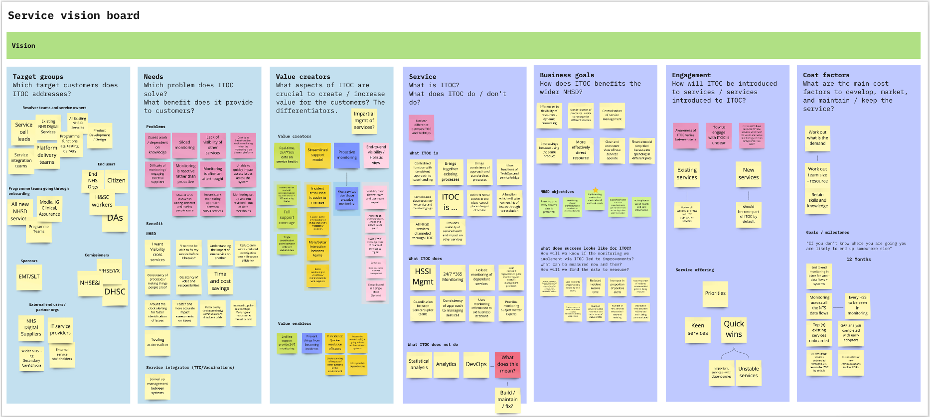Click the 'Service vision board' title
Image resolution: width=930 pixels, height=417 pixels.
tap(74, 15)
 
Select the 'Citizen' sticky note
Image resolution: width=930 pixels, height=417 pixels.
tap(116, 181)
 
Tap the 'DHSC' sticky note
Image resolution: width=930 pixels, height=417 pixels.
tap(115, 292)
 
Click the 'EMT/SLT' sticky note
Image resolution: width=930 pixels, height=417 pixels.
tap(29, 277)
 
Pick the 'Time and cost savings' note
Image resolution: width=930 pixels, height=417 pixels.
tap(220, 281)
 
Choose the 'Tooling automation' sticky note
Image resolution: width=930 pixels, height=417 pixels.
tap(157, 342)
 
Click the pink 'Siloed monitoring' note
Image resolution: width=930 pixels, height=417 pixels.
tap(184, 145)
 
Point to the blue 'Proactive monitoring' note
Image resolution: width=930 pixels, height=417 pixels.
tap(347, 155)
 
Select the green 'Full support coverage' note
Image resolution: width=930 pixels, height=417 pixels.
tap(287, 217)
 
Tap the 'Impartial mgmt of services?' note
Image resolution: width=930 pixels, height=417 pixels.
tap(364, 121)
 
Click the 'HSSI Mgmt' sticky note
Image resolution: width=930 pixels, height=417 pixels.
tap(423, 277)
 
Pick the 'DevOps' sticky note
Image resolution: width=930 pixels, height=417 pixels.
tap(476, 364)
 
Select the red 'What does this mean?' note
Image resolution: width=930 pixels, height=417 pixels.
tap(507, 364)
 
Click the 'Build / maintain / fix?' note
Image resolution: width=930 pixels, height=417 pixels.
tap(507, 400)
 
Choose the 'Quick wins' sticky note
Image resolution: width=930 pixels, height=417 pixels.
tap(734, 329)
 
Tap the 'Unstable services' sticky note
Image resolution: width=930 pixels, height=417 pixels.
tap(749, 372)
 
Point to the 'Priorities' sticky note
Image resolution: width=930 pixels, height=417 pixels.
tap(715, 293)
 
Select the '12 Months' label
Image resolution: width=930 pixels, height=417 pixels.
tap(858, 260)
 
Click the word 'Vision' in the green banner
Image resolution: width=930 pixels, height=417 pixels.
tap(23, 46)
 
